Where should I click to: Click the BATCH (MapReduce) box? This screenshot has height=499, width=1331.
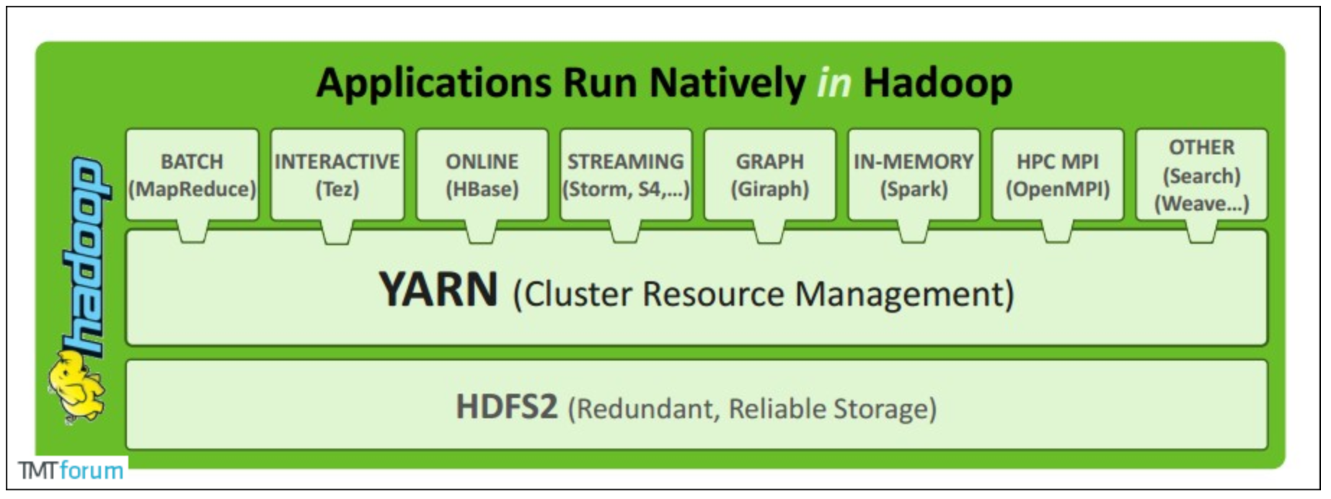(192, 175)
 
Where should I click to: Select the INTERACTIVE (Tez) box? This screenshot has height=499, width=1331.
(337, 175)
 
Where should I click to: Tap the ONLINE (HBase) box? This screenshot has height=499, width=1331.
(482, 175)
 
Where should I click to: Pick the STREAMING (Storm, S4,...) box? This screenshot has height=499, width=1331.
(626, 175)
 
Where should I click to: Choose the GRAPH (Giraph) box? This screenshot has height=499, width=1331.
(770, 175)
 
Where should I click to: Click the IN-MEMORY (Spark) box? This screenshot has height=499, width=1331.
(914, 175)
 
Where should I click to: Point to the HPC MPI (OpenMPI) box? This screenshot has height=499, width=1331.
(1058, 175)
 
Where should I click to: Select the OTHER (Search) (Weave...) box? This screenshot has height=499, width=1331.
(1201, 175)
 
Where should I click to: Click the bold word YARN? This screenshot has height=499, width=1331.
(438, 290)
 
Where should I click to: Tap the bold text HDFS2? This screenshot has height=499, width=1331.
(507, 407)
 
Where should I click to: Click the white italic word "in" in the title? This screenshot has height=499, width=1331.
(834, 82)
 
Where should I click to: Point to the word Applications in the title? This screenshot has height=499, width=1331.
(434, 84)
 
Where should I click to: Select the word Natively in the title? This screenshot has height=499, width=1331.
(728, 84)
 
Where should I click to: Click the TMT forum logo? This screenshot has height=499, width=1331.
(71, 470)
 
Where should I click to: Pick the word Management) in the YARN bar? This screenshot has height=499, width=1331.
(904, 294)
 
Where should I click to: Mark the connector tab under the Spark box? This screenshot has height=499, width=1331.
(914, 232)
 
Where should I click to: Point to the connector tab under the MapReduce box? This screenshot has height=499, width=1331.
(192, 232)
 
